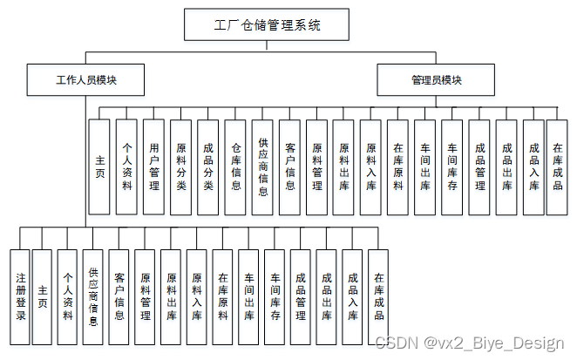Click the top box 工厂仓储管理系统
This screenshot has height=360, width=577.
[267, 25]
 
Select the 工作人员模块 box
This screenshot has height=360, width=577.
[86, 80]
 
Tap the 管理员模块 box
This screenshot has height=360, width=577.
[437, 80]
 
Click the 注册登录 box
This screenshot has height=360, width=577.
[19, 297]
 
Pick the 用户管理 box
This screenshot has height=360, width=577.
[153, 166]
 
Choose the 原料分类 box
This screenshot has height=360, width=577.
[180, 166]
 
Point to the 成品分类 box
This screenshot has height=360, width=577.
[207, 166]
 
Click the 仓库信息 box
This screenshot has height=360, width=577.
[234, 166]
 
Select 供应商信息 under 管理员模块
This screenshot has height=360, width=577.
[262, 166]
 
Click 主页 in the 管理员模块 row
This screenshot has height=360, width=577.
[99, 166]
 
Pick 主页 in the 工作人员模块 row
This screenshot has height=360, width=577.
[42, 297]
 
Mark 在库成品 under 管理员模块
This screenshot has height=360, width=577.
[558, 166]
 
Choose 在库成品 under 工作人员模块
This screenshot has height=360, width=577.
[378, 297]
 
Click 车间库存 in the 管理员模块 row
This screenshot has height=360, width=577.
[451, 166]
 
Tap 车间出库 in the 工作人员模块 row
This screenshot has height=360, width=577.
[248, 297]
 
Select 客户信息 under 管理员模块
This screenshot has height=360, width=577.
[289, 166]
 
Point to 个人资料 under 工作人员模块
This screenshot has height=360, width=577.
[67, 297]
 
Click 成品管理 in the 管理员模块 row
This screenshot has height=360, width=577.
[478, 166]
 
